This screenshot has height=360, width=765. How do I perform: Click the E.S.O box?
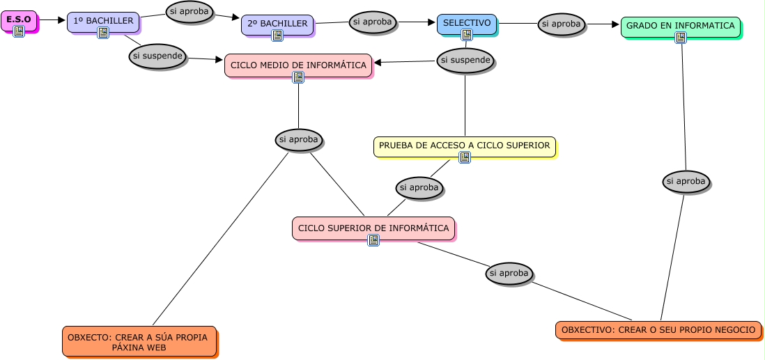point(19,19)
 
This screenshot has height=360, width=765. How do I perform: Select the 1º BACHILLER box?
point(103,21)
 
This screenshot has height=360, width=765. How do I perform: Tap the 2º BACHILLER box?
point(277,24)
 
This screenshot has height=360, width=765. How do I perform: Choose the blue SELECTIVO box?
point(466,23)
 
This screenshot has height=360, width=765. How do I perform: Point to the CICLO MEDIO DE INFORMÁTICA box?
point(298,65)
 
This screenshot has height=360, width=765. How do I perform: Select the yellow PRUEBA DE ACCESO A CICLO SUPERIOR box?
point(464,146)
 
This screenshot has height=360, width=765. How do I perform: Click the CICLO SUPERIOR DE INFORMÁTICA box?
point(373,228)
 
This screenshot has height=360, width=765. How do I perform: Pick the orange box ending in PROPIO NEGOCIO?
point(658,329)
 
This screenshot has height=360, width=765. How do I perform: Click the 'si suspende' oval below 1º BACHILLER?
point(157,56)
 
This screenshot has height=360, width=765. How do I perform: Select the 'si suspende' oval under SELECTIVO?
point(465,61)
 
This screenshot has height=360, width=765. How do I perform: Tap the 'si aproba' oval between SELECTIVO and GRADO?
point(562,24)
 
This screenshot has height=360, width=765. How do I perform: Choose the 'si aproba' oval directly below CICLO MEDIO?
point(298,139)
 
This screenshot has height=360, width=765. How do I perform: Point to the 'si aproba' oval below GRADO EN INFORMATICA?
point(686,182)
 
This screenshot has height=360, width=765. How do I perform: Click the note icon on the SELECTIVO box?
point(467,35)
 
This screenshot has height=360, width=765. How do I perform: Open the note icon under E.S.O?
point(19,31)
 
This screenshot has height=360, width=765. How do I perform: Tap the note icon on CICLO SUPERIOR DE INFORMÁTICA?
point(373,240)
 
